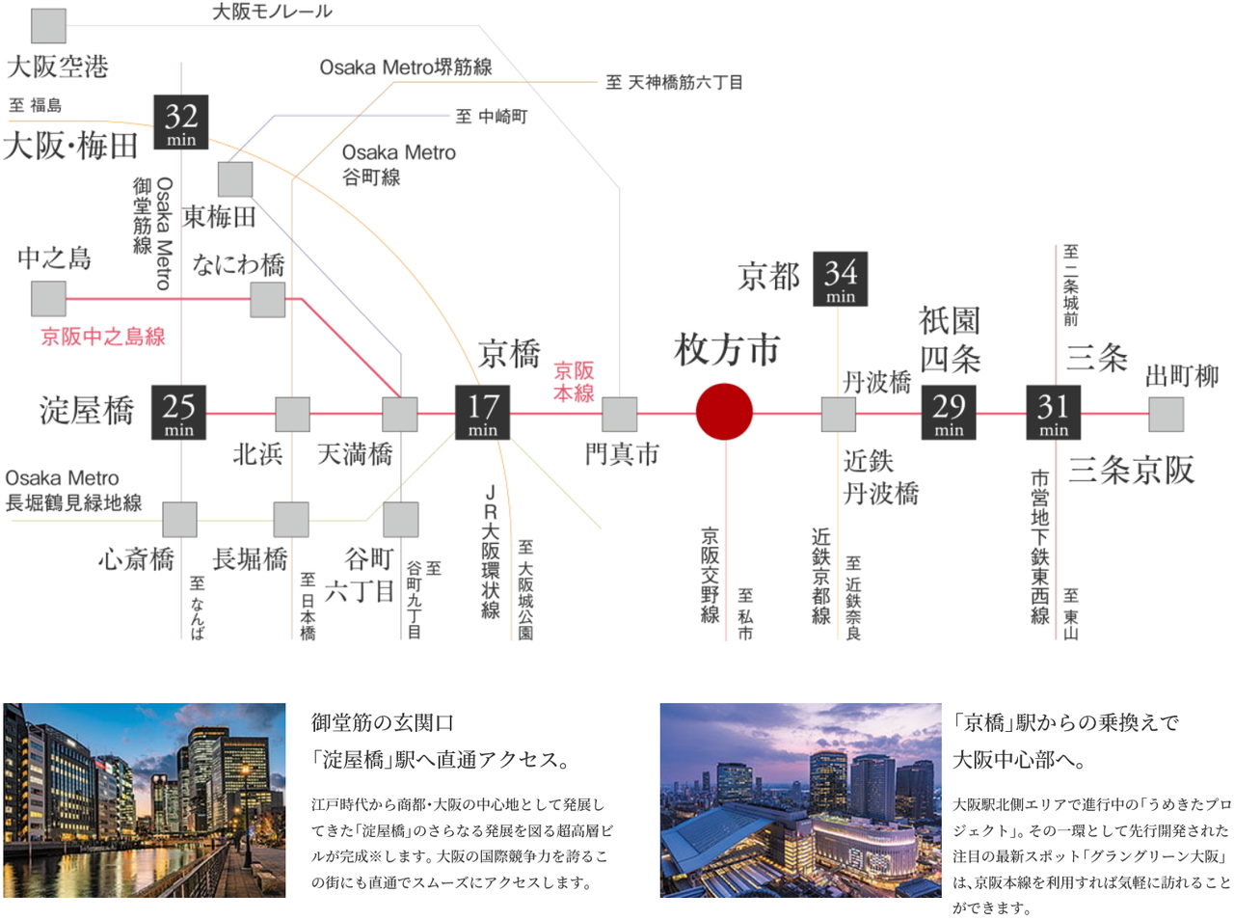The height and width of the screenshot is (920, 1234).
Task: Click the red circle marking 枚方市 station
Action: [x=724, y=412]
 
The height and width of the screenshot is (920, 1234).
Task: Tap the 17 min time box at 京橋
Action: [x=482, y=412]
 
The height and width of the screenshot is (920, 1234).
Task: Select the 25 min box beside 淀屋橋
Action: [x=178, y=412]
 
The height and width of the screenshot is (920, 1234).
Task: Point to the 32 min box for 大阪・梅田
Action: [x=181, y=122]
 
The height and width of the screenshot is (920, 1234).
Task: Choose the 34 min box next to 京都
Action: [x=841, y=279]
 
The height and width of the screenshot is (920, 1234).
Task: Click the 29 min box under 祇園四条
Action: [x=949, y=412]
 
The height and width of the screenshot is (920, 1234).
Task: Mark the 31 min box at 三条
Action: [x=1054, y=412]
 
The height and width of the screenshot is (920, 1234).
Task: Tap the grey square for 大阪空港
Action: [x=48, y=26]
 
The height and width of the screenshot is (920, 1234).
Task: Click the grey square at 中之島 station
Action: [x=48, y=299]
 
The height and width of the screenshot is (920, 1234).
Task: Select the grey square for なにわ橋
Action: [x=268, y=300]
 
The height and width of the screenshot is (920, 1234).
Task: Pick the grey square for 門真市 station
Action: [x=620, y=415]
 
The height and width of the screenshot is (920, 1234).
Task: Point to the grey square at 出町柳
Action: [x=1166, y=415]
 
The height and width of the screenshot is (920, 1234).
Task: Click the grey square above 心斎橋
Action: [x=180, y=520]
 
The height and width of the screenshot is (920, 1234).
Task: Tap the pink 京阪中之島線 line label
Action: [x=103, y=337]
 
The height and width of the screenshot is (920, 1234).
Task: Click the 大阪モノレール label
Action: [x=272, y=12]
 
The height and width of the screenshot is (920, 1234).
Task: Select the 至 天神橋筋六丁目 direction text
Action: [x=674, y=83]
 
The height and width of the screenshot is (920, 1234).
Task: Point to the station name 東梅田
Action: [x=219, y=217]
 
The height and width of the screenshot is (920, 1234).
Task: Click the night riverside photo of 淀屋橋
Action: [x=145, y=800]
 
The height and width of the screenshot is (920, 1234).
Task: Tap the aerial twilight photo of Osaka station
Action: [x=800, y=800]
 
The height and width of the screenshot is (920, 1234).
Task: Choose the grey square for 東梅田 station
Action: [x=235, y=179]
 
